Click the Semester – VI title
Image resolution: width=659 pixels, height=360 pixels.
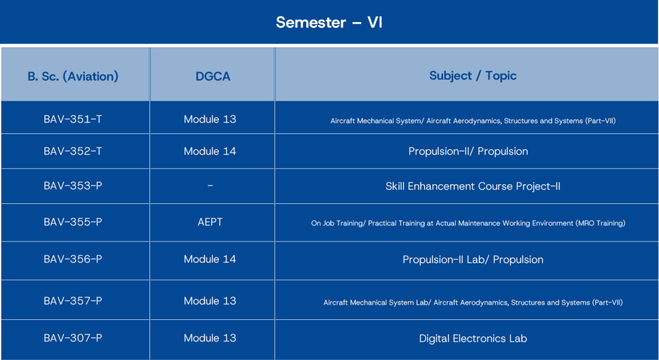(329, 22)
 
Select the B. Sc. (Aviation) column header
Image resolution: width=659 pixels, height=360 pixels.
(73, 77)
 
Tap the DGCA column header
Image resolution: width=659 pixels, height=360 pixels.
(213, 77)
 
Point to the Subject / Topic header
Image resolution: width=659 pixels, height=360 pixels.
(473, 76)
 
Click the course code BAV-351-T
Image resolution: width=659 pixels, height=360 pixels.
(73, 119)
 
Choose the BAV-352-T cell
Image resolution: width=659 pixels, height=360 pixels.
(73, 151)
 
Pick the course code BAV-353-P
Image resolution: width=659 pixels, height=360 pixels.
(73, 185)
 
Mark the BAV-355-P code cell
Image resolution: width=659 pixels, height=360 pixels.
(73, 222)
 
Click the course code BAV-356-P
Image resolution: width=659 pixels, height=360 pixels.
(73, 259)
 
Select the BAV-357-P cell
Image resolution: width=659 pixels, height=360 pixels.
(73, 301)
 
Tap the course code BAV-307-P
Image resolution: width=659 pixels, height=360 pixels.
(73, 338)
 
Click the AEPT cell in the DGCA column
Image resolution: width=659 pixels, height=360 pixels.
(210, 222)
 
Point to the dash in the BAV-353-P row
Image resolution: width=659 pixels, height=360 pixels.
(210, 185)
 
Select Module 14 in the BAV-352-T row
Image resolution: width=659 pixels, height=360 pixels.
(210, 151)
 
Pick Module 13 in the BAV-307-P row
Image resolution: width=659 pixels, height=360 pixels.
(210, 338)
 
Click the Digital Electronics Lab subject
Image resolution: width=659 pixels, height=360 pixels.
(473, 338)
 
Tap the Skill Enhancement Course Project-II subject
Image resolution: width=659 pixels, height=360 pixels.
(473, 186)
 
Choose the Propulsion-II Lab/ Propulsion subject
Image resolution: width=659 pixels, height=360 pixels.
(473, 260)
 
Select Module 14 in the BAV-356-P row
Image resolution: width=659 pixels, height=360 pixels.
(210, 259)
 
